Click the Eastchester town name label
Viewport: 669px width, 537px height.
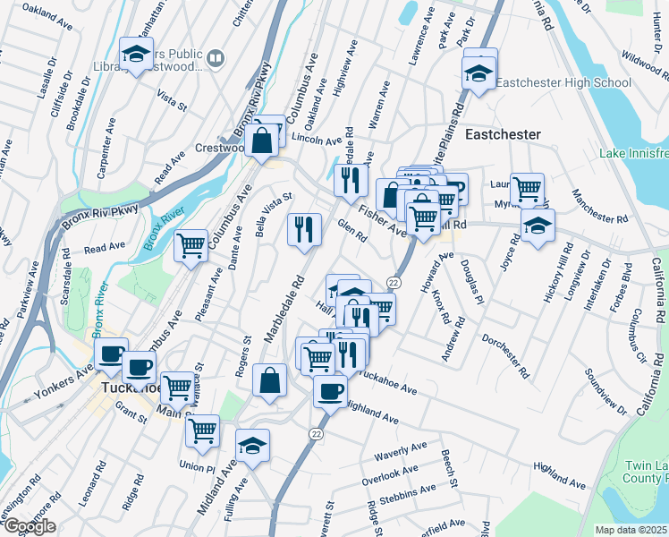(x=503, y=134)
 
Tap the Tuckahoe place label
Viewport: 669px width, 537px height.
(x=128, y=389)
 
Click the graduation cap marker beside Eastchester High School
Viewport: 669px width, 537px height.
(x=478, y=72)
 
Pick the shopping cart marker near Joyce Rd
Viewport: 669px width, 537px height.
(x=528, y=189)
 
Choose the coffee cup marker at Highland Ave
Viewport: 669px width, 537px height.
(x=331, y=391)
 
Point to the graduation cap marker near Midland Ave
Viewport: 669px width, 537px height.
(x=253, y=446)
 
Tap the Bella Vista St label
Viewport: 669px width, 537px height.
(x=274, y=212)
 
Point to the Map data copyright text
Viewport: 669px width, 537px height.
(x=631, y=530)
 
